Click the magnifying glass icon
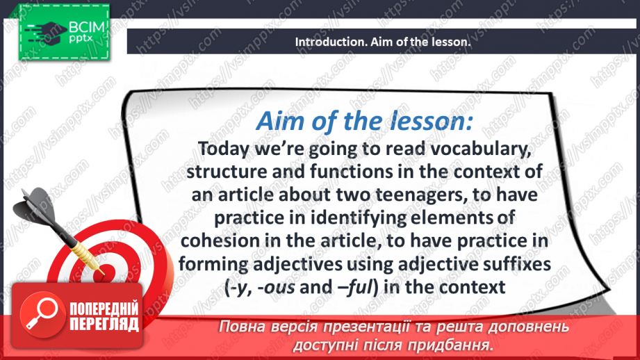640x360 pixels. [x=42, y=314]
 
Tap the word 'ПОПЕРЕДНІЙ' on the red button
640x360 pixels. [x=104, y=309]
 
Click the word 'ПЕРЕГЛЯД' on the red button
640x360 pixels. [x=104, y=325]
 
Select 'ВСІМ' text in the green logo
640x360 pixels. [x=87, y=28]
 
